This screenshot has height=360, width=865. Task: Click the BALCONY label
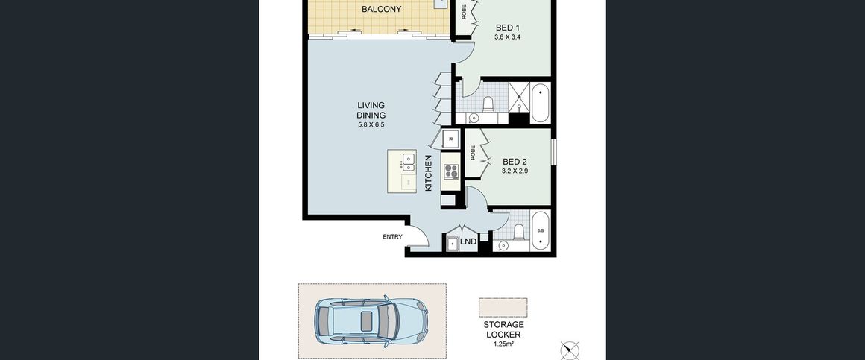pos(381,10)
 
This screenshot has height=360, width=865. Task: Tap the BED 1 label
pos(508,28)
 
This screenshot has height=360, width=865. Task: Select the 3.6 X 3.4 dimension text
pos(508,37)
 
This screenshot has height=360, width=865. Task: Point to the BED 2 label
pos(515,162)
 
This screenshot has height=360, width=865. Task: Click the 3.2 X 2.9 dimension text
pos(515,171)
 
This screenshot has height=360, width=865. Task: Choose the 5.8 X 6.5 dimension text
pos(371,125)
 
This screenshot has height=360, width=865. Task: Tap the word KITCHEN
pos(429,173)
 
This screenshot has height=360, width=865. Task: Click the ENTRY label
pos(392,237)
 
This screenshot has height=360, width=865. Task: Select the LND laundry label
pos(468,241)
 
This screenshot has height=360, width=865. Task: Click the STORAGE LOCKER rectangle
pos(503,308)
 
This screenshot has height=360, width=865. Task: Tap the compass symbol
pos(570,350)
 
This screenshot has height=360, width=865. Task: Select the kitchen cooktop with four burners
pos(450,171)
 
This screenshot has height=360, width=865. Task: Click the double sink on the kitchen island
pos(408,162)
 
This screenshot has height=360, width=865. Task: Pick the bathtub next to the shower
pos(539,103)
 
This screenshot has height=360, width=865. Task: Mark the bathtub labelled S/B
pos(540,230)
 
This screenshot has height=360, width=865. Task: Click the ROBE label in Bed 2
pos(474,153)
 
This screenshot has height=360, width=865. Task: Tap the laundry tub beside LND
pos(453,243)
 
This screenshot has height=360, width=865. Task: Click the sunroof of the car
pos(366,320)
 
